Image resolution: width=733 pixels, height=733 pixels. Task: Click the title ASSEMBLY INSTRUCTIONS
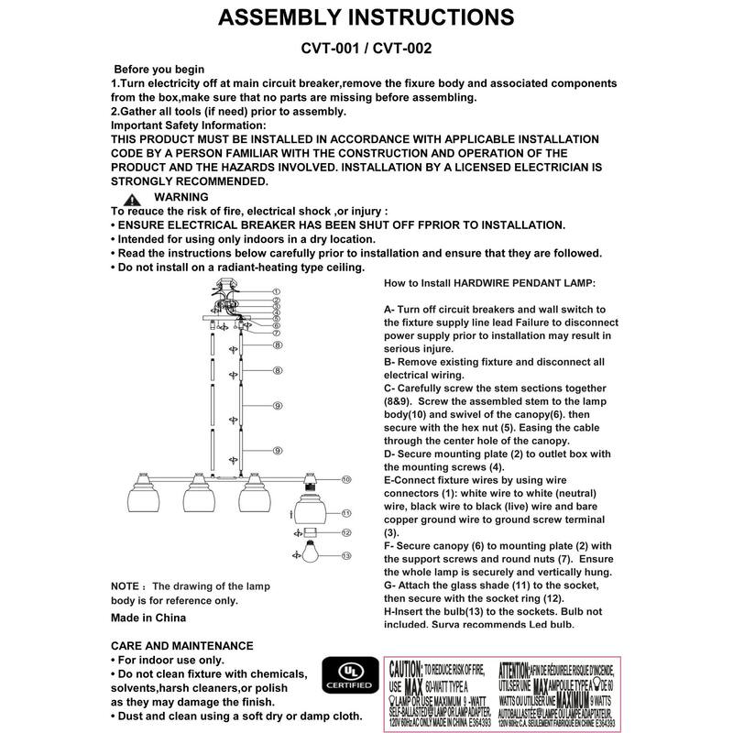(366, 17)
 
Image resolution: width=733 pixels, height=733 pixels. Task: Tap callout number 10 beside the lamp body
(346, 479)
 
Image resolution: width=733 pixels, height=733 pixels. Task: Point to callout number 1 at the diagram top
(275, 291)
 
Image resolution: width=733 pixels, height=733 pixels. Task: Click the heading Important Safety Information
(188, 125)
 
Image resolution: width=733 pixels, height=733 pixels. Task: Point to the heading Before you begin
(159, 70)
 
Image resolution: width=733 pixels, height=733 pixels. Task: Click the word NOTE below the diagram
(124, 585)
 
